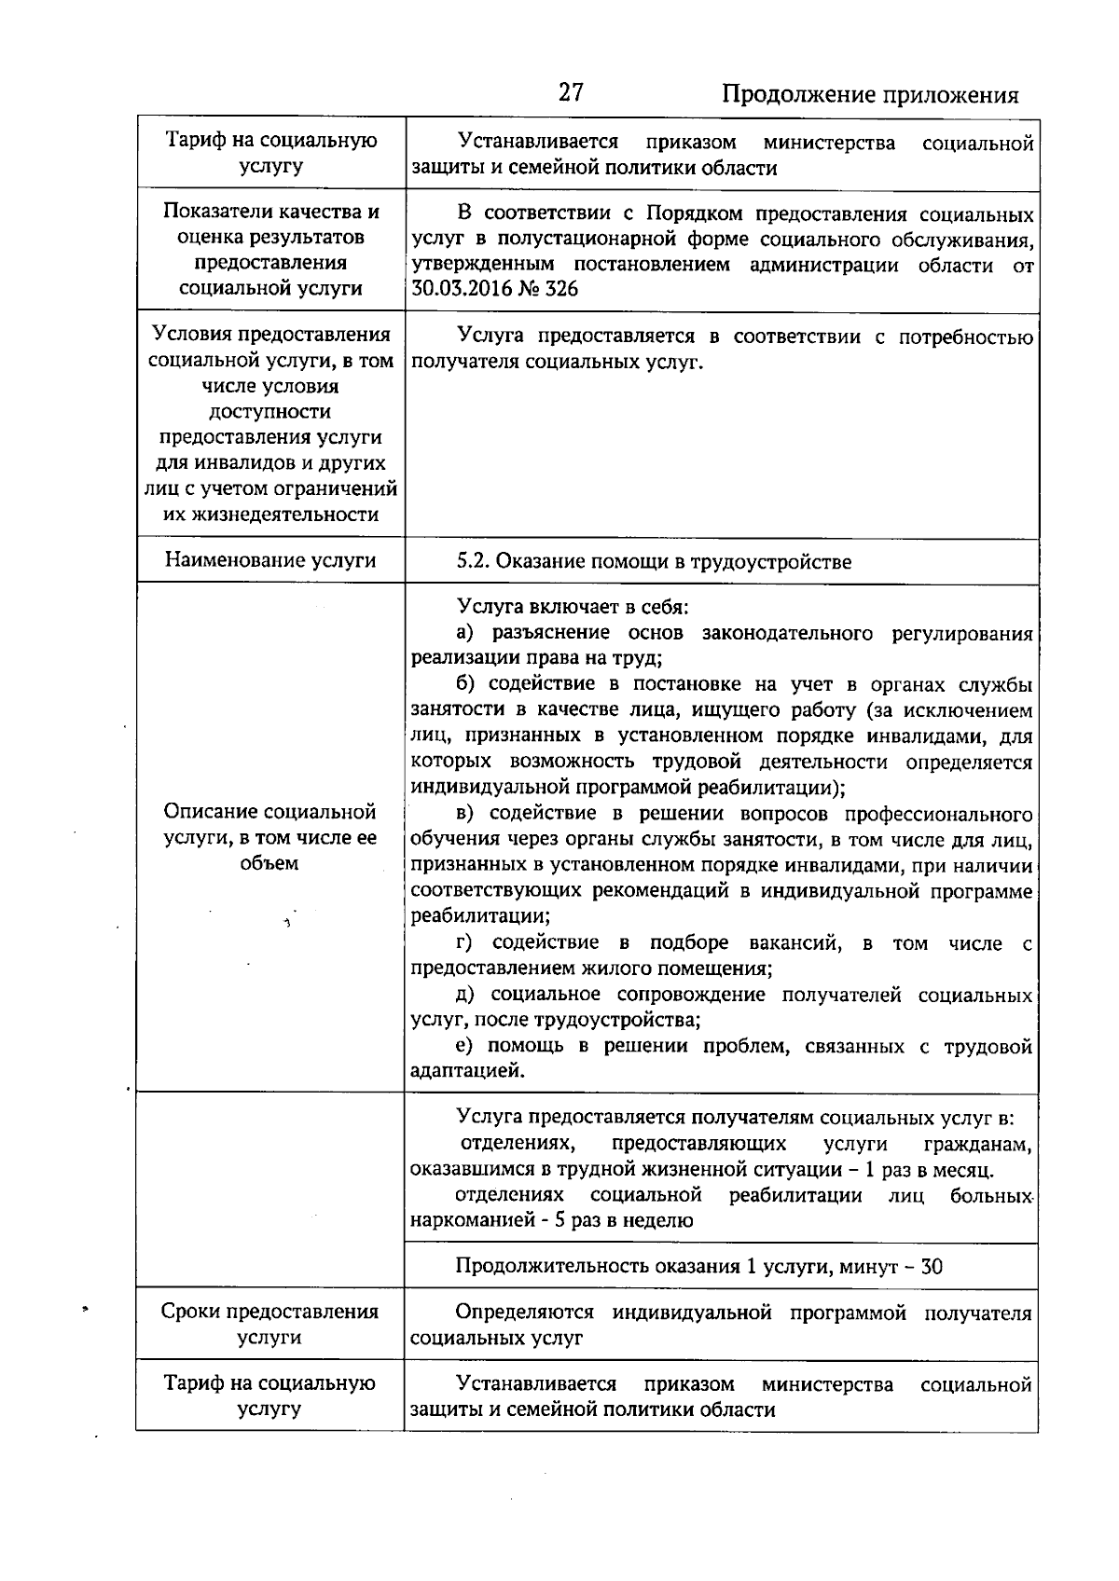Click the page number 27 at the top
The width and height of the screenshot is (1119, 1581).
pos(571,91)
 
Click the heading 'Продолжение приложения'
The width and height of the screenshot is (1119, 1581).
pos(870,94)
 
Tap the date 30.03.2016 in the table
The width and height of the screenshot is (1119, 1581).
pos(458,289)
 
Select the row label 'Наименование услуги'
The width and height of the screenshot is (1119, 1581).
pos(270,560)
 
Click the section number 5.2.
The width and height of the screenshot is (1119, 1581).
pos(473,561)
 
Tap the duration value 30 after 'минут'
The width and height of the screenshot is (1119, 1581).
pos(931,1267)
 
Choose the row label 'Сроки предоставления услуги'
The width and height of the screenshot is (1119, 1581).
pos(270,1324)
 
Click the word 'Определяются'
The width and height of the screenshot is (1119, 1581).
pos(525,1313)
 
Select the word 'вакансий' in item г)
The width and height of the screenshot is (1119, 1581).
pos(794,943)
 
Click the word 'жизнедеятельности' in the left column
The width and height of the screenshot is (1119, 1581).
pos(270,515)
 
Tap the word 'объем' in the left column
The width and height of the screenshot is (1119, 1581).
pos(269,863)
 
